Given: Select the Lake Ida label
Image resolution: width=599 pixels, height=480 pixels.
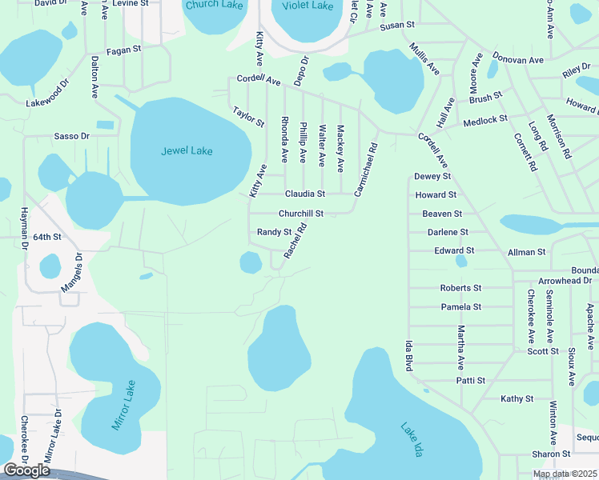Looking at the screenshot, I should tap(411, 438).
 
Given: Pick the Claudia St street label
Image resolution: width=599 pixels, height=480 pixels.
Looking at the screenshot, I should tap(305, 194).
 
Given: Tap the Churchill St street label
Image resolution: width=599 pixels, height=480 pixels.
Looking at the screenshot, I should tap(300, 214).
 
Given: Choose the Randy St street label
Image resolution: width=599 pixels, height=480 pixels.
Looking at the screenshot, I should tap(274, 232).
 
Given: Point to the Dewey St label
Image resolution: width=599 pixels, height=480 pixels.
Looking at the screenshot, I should tap(432, 176).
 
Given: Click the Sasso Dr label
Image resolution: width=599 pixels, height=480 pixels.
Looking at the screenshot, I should tap(71, 137).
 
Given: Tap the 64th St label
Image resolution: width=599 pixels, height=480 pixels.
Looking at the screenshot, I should tap(47, 238).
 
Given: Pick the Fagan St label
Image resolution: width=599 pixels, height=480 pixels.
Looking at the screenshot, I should tap(124, 49).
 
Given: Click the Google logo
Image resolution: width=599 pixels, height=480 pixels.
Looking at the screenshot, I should tap(26, 470).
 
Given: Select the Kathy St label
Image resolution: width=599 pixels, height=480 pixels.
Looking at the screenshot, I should tap(517, 398).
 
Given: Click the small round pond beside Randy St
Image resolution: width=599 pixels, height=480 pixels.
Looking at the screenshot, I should tap(251, 262).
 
